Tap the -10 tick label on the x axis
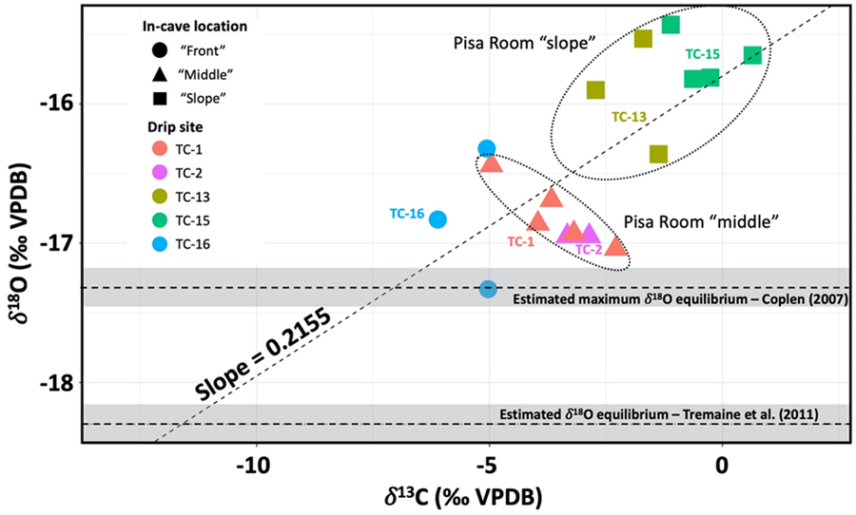pos(256,467)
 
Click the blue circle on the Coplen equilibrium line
pos(488,288)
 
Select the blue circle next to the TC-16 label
pos(438,219)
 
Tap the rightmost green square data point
pos(752,55)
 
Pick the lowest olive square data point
pos(658,154)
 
